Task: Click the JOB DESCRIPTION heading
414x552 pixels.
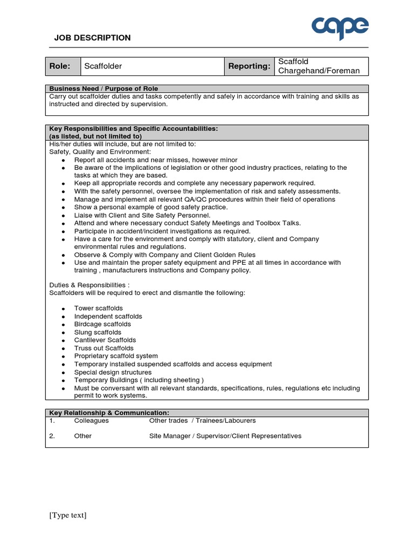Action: pos(92,38)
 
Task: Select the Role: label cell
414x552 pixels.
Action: pos(60,66)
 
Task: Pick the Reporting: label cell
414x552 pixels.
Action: pos(249,66)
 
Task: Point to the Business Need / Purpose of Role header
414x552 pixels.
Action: pos(103,88)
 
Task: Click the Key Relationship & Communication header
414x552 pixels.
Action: pos(109,412)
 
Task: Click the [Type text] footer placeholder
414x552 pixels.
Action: pos(68,515)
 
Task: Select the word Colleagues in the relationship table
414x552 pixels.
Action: pos(91,420)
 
